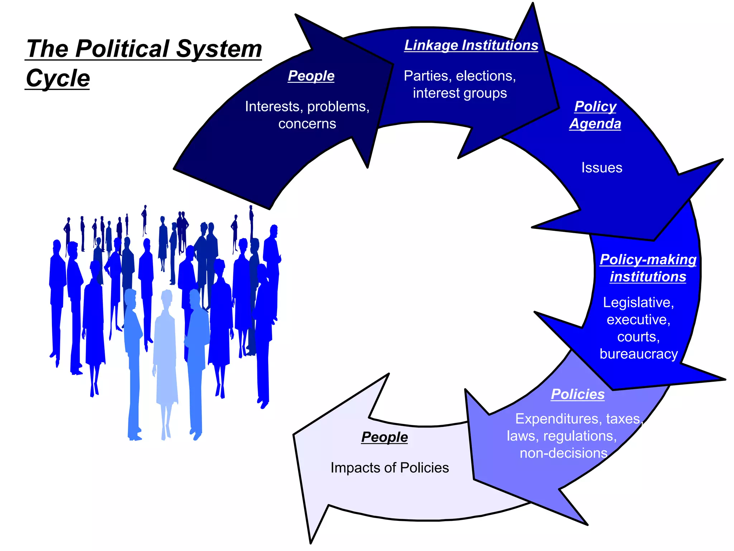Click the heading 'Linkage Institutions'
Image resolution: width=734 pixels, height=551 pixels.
pos(471,46)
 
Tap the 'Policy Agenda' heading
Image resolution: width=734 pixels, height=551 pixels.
pos(595,115)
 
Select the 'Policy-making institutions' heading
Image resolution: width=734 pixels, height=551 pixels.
pos(648,268)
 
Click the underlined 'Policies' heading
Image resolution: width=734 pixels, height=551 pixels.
pos(577,394)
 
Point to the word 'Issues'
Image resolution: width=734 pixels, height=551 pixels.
pos(602,168)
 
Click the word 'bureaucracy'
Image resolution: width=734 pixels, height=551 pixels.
pos(639,354)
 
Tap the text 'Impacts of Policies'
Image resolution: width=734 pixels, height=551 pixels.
pos(390,468)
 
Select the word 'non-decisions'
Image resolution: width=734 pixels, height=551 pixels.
pos(563,453)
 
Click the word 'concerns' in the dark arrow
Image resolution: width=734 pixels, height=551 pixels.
pos(307,124)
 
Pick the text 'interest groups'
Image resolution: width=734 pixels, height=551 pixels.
pos(460,93)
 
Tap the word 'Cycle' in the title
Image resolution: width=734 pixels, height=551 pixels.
pos(58,78)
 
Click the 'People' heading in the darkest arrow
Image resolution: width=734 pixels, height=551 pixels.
pos(311,76)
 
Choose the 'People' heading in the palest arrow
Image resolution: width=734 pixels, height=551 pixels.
pos(384,437)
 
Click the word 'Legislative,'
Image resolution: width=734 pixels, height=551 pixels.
pos(638,302)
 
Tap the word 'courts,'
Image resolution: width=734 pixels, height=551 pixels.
pos(638,337)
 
